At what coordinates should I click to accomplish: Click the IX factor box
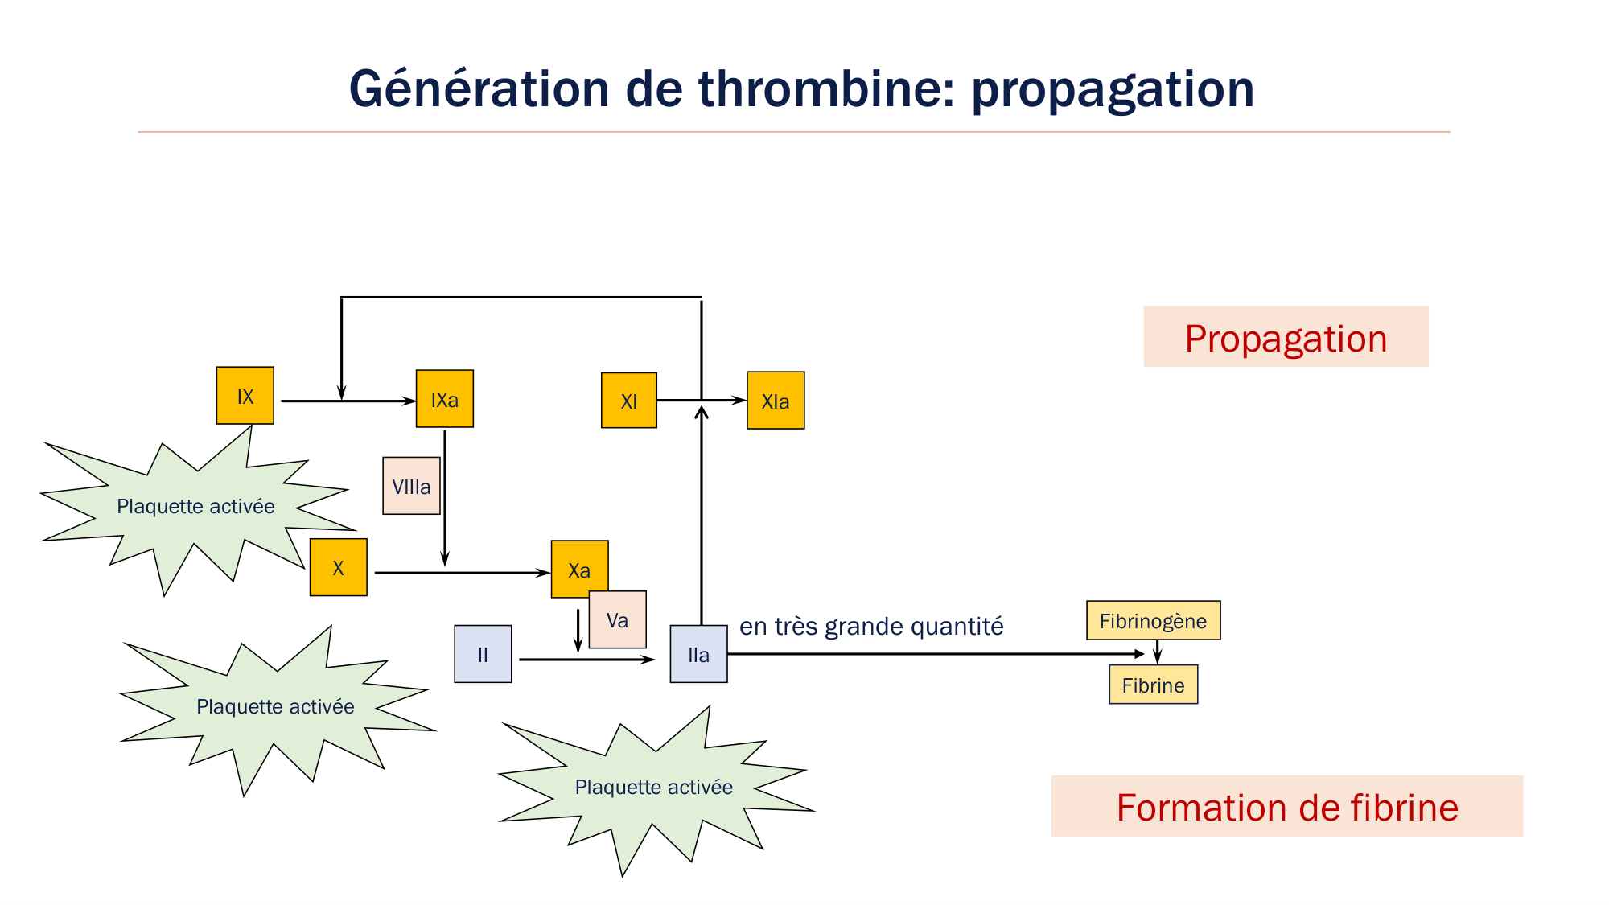coord(245,396)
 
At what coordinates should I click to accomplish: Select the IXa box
coord(444,399)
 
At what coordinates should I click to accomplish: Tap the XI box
coord(628,401)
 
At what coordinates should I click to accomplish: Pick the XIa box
coord(775,401)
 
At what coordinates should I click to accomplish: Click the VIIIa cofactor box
coord(411,486)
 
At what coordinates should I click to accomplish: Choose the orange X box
coord(338,567)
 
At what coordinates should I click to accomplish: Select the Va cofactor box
coord(617,620)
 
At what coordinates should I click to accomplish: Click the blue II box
coord(483,654)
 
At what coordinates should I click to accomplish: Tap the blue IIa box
coord(698,654)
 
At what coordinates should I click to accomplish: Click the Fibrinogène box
coord(1153,620)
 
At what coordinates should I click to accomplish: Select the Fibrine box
coord(1153,685)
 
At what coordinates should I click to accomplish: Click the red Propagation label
coord(1286,337)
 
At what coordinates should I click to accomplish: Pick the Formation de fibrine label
coord(1286,806)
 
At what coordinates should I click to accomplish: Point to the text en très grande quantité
coord(870,626)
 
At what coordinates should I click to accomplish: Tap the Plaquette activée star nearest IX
coord(195,506)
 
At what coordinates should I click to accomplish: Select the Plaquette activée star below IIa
coord(653,787)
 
